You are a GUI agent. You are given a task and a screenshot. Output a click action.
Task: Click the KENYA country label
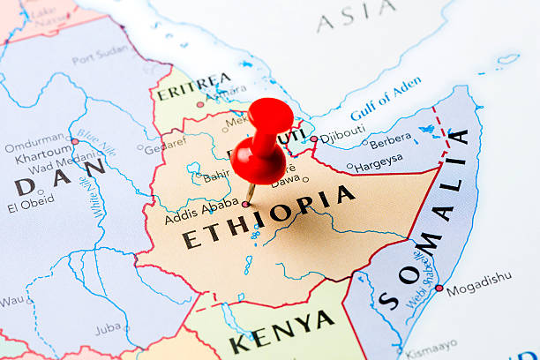[281, 332]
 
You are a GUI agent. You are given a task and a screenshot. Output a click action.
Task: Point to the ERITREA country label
[194, 86]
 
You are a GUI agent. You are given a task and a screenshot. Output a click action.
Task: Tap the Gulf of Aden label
[386, 99]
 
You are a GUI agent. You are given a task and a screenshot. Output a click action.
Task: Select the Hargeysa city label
[379, 161]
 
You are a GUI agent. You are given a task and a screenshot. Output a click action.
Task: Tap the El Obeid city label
[31, 208]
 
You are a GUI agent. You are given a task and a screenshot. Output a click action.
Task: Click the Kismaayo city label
[432, 341]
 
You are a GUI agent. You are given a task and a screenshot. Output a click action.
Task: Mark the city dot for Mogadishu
[439, 288]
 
